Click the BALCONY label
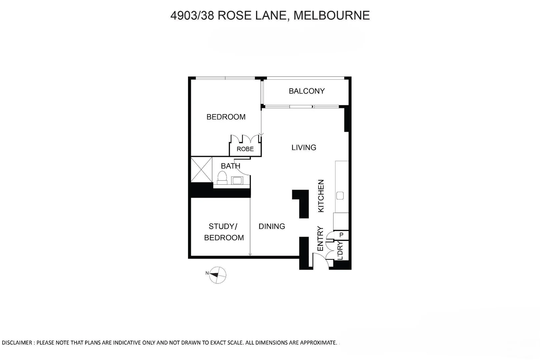click(306, 91)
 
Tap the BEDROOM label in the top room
click(226, 117)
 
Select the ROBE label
click(245, 149)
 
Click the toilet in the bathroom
click(222, 177)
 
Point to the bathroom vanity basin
click(237, 181)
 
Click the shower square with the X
click(201, 170)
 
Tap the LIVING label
click(304, 147)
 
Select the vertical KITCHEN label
click(321, 196)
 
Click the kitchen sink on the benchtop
click(340, 196)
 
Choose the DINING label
click(272, 226)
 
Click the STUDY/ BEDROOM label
click(224, 232)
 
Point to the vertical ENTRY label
click(320, 239)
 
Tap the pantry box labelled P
click(341, 235)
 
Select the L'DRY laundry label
click(340, 251)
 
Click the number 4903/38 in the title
click(192, 15)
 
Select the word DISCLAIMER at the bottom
click(17, 343)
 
